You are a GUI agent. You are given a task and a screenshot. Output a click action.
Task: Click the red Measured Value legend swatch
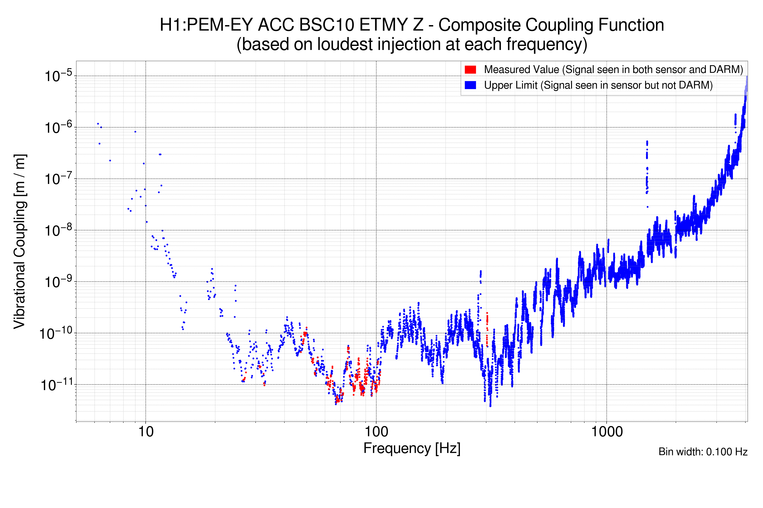click(470, 70)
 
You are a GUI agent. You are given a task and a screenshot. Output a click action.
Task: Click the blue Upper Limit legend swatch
click(470, 85)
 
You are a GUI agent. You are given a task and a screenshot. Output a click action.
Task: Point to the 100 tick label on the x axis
click(376, 432)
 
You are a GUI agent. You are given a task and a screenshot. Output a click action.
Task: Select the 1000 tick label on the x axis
click(607, 432)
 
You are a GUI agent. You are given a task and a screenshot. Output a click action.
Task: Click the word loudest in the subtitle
click(345, 44)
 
